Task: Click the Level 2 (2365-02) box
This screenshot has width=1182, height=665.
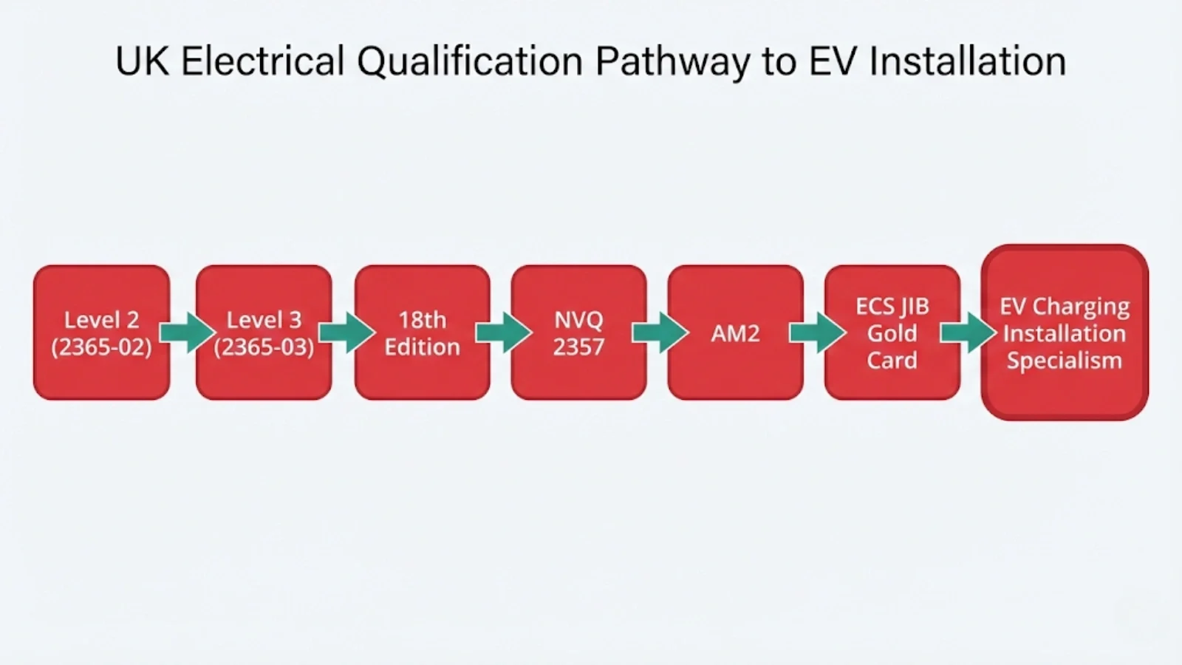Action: tap(101, 332)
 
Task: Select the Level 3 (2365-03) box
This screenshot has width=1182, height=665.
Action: tap(264, 332)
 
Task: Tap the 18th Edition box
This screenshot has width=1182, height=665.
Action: tap(422, 332)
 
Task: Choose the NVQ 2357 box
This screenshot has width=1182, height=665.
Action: tap(578, 332)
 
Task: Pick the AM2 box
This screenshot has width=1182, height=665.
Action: tap(735, 332)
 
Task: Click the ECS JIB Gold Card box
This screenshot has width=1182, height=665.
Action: tap(892, 332)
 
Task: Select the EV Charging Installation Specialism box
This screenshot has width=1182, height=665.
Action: tap(1065, 332)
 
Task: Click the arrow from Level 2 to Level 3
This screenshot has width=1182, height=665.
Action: tap(187, 332)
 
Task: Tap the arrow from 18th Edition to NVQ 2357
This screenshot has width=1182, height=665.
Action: tap(503, 332)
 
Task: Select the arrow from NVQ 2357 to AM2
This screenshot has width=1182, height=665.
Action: tap(660, 332)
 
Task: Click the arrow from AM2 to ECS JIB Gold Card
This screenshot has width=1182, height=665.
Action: tap(817, 332)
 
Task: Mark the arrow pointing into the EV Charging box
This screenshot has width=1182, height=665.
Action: tap(968, 332)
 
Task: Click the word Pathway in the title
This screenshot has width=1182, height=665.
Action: tap(672, 62)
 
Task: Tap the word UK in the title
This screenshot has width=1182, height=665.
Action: tap(141, 62)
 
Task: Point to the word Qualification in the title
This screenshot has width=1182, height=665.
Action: tap(471, 62)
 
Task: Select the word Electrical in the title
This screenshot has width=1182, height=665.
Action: tap(262, 62)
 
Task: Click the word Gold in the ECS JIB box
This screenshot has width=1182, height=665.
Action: tap(892, 333)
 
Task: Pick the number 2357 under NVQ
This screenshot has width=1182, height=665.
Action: tap(578, 347)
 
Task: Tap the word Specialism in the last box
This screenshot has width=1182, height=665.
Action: tap(1065, 361)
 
